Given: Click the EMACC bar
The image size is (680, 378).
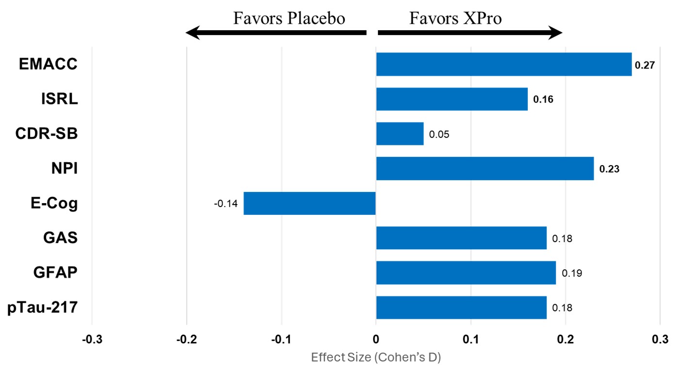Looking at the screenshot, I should tap(503, 64).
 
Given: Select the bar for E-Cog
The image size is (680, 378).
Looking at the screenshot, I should tap(309, 203).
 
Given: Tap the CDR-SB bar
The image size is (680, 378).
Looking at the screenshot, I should tap(400, 134).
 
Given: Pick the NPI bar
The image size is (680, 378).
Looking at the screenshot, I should tap(485, 169).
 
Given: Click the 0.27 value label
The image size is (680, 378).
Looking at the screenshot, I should tap(645, 65).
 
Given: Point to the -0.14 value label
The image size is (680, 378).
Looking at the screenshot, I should tap(226, 204).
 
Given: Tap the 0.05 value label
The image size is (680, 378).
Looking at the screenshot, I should tap(439, 134).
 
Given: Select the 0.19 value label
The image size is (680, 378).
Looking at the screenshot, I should tap(572, 273).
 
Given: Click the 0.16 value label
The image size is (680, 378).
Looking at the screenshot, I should tap(543, 100).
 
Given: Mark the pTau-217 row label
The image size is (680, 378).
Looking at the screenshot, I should tap(43, 308).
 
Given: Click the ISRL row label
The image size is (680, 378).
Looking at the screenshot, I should tap(59, 99).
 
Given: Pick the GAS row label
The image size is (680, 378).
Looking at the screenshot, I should tap(60, 238).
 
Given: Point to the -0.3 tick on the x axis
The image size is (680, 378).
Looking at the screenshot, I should tap(92, 339).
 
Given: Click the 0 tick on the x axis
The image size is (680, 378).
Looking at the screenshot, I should tap(376, 339).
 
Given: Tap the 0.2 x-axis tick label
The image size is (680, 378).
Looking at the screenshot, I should tap(565, 339).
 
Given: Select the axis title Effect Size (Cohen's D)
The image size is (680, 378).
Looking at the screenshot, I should tap(375, 358).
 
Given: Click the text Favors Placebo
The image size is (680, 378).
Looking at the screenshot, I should tap(289, 18).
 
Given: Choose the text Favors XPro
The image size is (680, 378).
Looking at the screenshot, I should tap(455, 18).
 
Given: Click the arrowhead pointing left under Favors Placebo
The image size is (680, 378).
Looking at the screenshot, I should tap(193, 33).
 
